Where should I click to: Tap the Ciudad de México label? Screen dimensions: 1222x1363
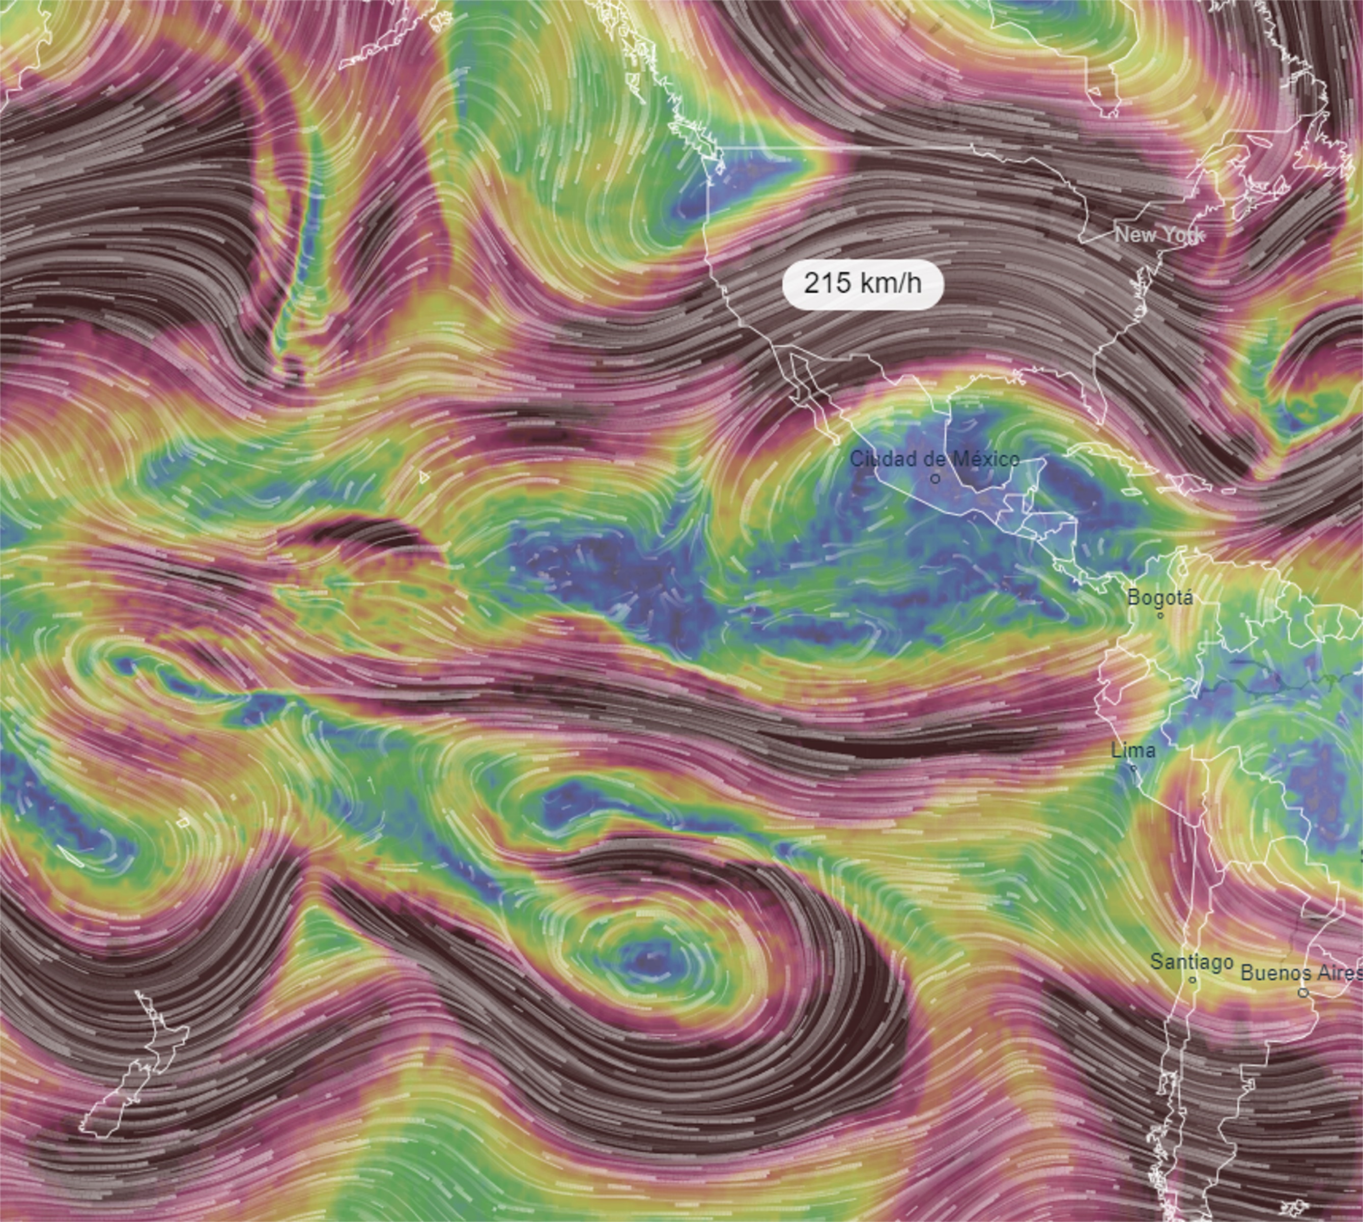pos(934,459)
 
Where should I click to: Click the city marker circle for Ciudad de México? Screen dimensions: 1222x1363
pos(935,479)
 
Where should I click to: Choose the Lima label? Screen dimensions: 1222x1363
pos(1133,750)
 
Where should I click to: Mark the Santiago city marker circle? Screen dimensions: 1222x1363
pos(1192,980)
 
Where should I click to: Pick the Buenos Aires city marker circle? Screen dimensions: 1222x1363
pos(1303,992)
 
